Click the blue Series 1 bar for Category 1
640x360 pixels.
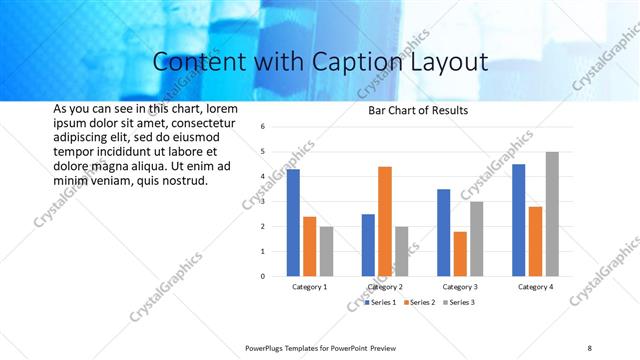[293, 222]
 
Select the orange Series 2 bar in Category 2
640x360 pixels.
[385, 221]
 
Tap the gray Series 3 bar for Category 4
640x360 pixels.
[552, 214]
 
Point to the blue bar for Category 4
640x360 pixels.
[518, 220]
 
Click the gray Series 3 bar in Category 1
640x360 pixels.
[327, 251]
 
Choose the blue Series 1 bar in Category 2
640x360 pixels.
[368, 245]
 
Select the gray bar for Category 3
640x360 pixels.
[477, 239]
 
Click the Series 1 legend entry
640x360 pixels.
[381, 302]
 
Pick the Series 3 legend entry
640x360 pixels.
[460, 302]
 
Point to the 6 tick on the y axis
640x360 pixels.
[261, 127]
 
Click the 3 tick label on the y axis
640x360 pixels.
[261, 201]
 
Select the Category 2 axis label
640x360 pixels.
[385, 287]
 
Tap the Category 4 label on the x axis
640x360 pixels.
[535, 287]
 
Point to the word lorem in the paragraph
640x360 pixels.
[222, 108]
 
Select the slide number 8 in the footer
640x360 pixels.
[589, 348]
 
